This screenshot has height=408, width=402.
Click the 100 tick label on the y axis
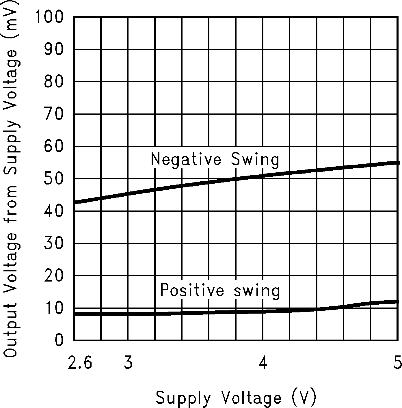point(49,17)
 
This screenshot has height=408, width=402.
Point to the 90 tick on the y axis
point(53,50)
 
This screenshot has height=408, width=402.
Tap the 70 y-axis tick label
point(53,114)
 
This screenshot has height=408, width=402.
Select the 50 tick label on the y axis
point(53,179)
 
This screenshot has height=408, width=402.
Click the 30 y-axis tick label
point(53,244)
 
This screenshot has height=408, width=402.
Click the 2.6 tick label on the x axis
point(80,362)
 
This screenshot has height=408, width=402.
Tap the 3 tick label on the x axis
point(128,362)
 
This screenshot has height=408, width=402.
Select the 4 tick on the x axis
point(263,362)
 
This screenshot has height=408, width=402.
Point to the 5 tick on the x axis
point(397,362)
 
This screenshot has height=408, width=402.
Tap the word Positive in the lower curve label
point(192,290)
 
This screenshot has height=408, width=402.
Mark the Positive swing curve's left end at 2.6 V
point(75,314)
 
